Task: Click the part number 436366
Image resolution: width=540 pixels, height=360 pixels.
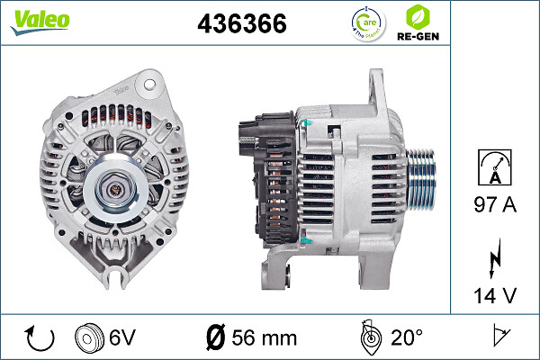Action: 241,25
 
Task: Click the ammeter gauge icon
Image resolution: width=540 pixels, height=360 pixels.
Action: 494,168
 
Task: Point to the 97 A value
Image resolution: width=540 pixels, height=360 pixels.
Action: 494,205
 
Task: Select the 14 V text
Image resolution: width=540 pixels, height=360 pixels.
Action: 494,295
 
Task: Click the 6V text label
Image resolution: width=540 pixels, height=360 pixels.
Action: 123,337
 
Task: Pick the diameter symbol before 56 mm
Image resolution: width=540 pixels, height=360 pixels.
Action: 215,337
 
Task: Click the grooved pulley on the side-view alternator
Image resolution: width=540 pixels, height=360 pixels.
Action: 423,178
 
